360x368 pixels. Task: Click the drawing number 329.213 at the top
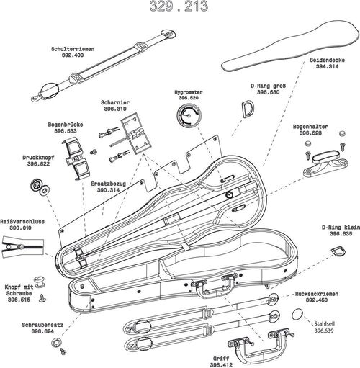coord(179,8)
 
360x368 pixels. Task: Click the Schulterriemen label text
coord(73,49)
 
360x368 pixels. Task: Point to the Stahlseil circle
coord(299,315)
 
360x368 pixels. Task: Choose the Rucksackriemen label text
coord(316,293)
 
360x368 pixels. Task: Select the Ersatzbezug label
coord(109,184)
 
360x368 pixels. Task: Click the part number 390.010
coord(20,228)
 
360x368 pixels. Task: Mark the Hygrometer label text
coord(186,92)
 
